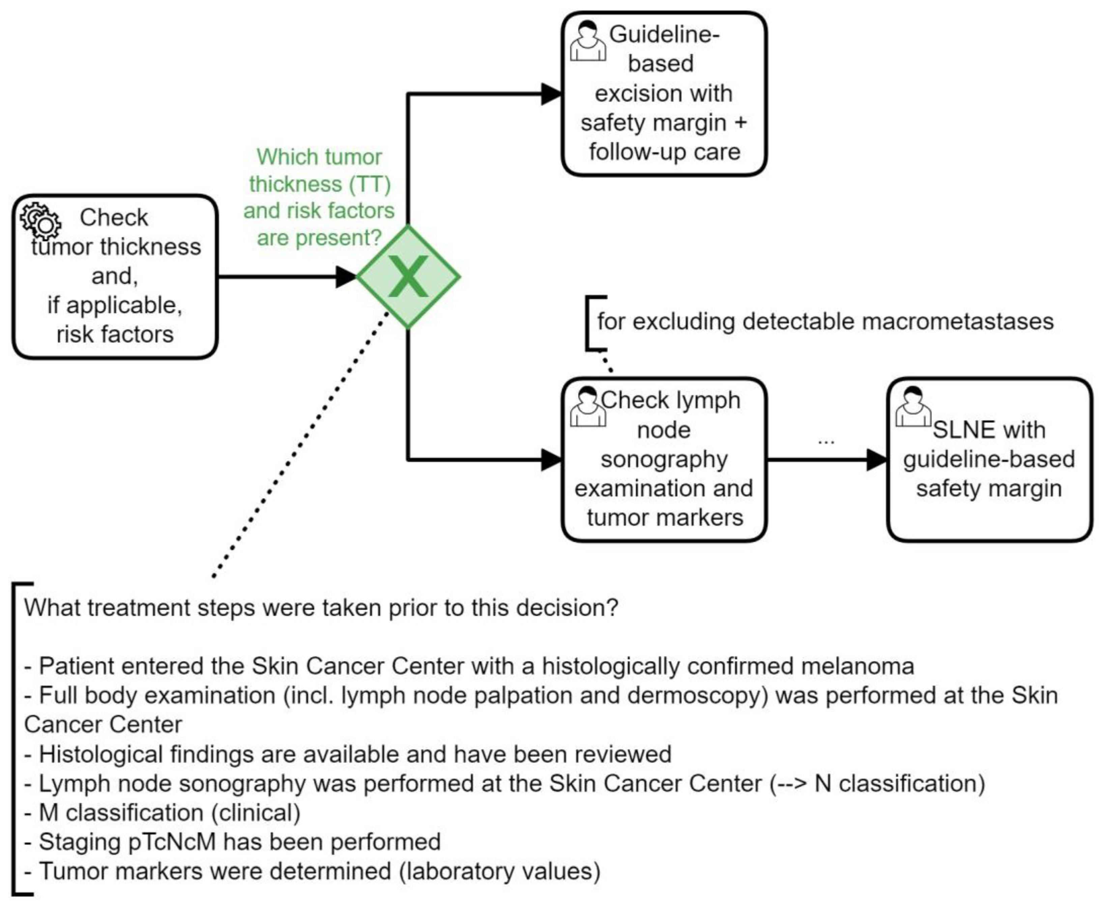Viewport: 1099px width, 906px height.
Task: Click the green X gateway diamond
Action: click(408, 277)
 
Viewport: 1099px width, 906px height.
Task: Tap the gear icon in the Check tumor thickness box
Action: click(40, 221)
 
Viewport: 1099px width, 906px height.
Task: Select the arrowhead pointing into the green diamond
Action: click(346, 277)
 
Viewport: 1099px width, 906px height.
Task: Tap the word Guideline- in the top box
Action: click(664, 34)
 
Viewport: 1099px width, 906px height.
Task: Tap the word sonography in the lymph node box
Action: click(664, 459)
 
